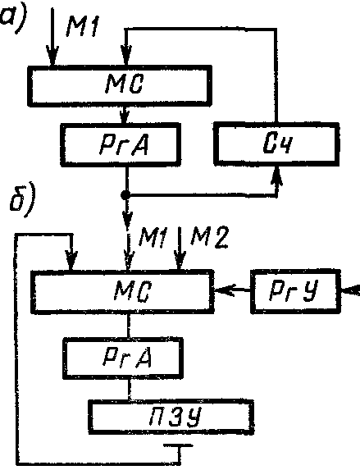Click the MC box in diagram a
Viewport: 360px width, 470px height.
[x=120, y=85]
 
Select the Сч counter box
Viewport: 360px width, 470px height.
[x=276, y=144]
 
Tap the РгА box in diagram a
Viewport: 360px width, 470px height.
[x=121, y=144]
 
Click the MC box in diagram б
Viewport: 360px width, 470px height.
[x=123, y=291]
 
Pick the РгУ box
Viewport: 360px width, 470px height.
[x=295, y=291]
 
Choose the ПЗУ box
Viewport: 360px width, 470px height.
[x=171, y=417]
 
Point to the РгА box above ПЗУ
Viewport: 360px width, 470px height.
[x=123, y=358]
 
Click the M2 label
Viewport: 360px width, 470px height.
[x=209, y=237]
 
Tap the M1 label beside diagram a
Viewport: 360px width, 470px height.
[x=82, y=25]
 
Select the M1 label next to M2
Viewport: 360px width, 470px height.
[x=153, y=237]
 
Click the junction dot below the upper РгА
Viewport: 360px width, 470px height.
[x=125, y=195]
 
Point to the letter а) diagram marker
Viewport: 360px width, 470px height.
[x=12, y=16]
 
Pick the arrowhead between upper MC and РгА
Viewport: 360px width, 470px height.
[x=125, y=116]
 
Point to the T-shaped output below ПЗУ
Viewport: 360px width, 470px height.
[x=179, y=451]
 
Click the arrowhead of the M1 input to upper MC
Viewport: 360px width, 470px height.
[x=52, y=56]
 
